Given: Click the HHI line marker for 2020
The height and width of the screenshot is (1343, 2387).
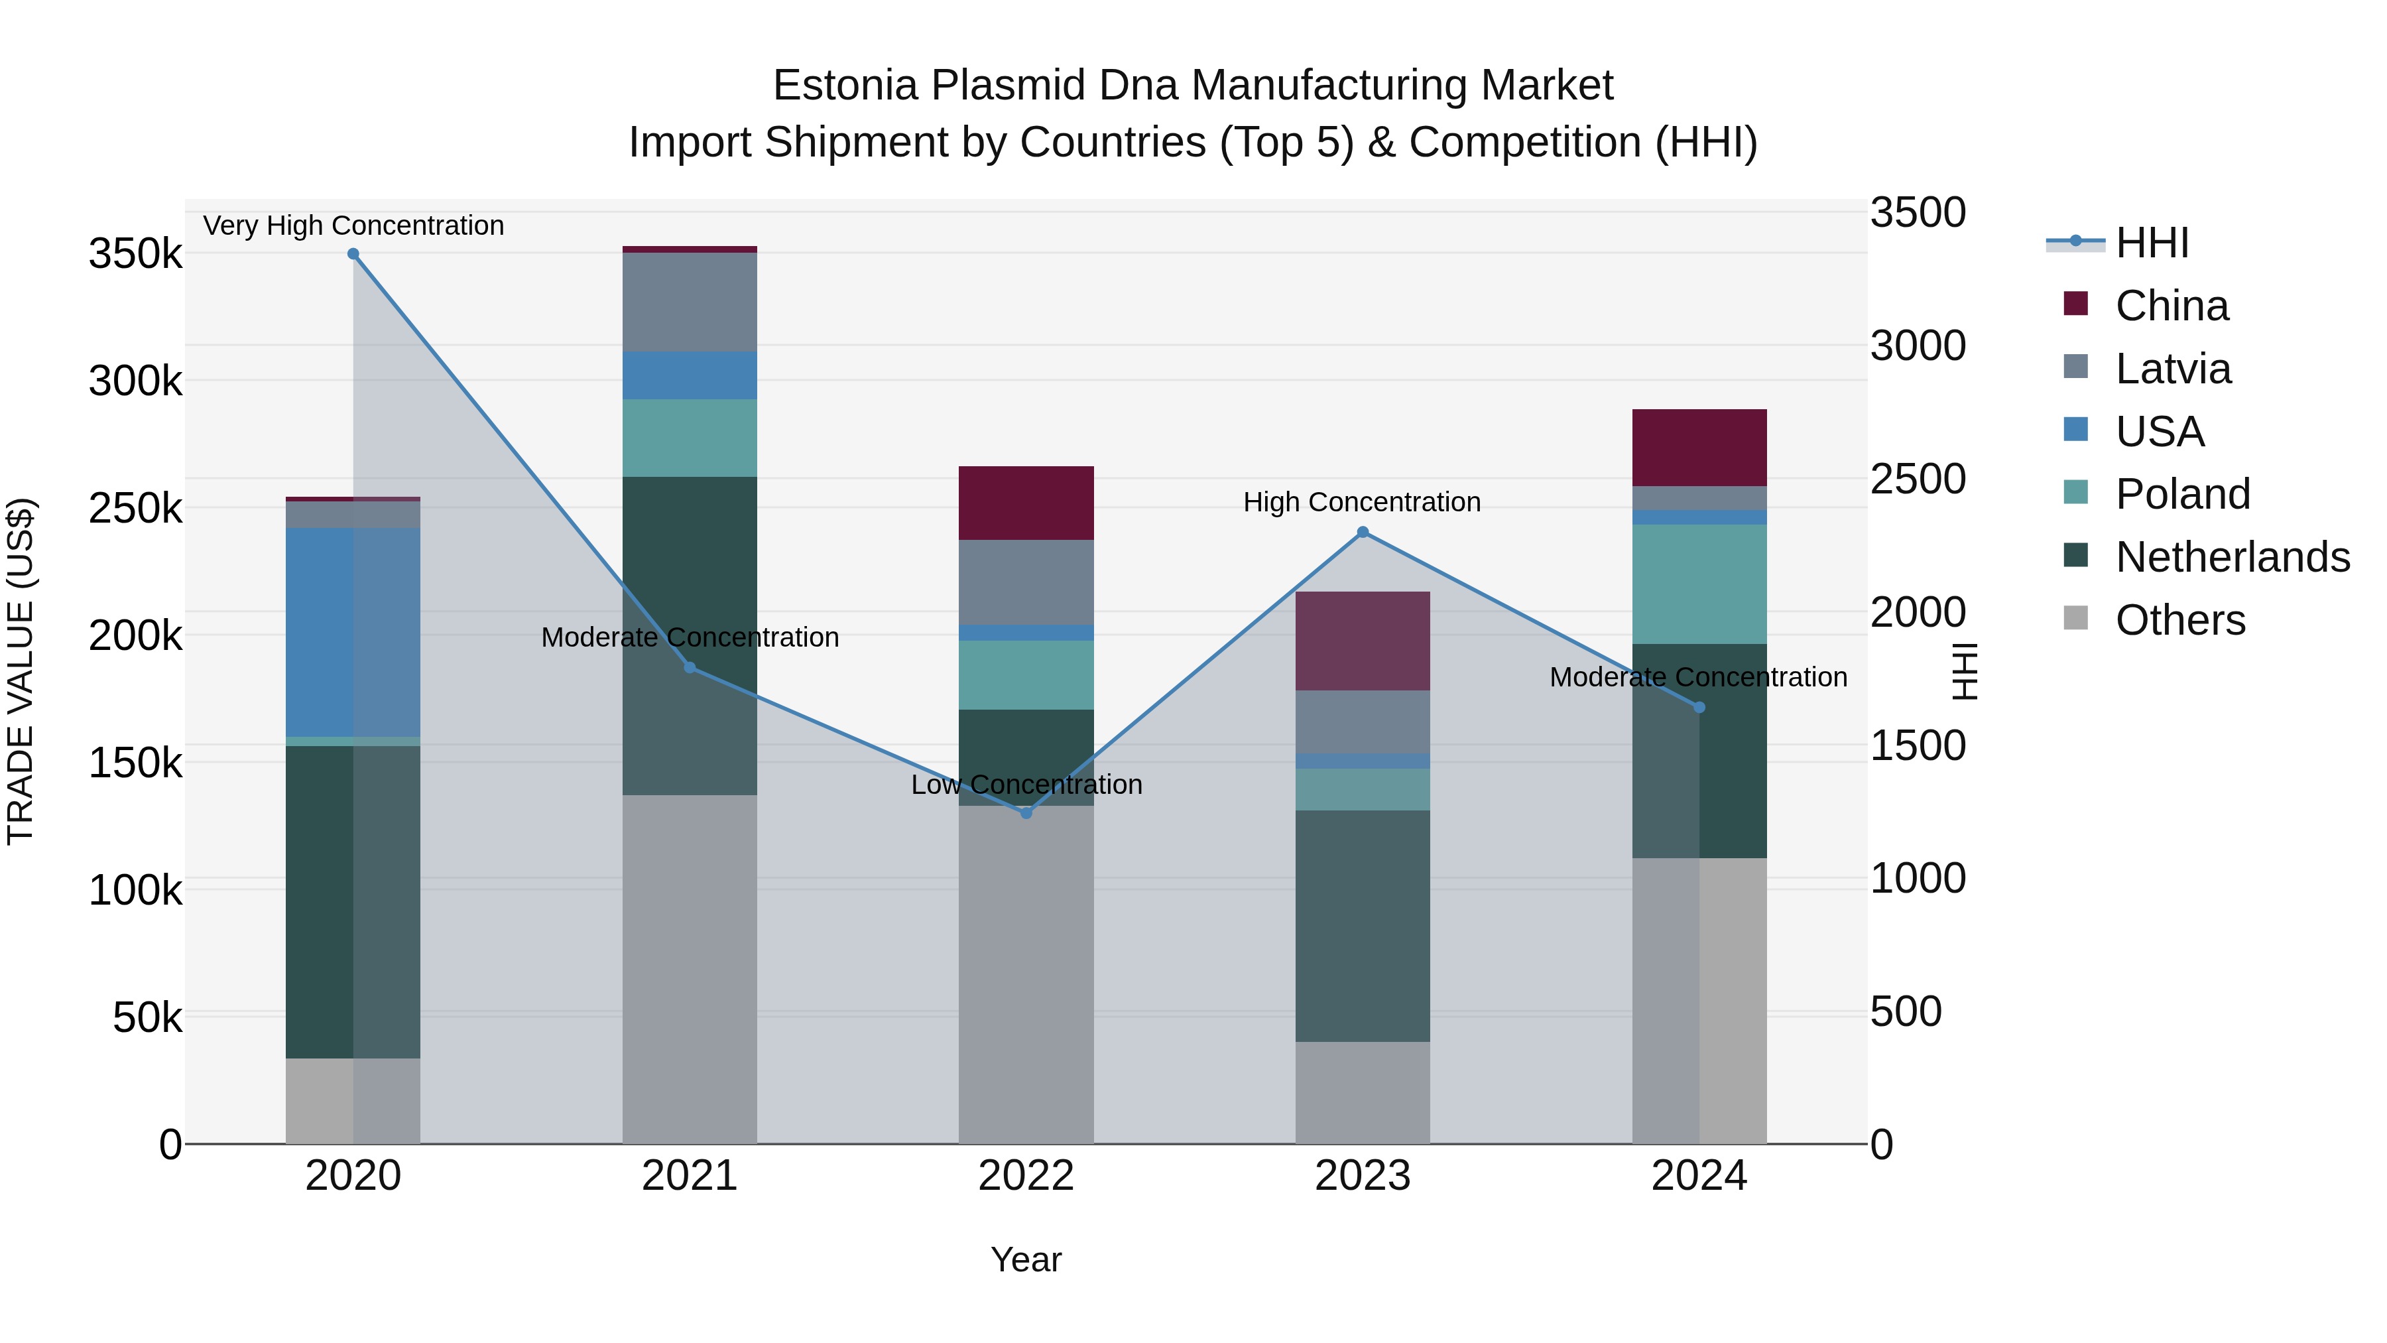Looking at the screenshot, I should (353, 254).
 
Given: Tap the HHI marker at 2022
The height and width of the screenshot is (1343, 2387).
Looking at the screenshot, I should (1026, 813).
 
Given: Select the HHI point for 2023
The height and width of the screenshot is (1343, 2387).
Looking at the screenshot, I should (1362, 532).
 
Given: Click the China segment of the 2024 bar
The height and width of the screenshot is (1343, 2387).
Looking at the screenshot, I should (1699, 447).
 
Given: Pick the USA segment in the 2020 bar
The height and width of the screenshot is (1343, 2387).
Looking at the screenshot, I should (353, 632).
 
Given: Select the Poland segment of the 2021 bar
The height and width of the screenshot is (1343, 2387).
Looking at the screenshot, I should (690, 438).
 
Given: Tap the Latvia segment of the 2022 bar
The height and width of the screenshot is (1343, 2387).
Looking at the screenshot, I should (1026, 582).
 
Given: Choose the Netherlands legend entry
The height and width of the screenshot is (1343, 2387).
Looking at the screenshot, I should (2233, 557).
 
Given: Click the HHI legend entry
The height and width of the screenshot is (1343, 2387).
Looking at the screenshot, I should (2152, 243).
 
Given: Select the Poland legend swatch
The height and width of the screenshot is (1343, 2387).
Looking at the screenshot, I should (2075, 493).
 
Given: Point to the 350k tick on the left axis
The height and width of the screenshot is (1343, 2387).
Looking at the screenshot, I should (135, 253).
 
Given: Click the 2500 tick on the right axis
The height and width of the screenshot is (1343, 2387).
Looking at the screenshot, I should (1917, 480).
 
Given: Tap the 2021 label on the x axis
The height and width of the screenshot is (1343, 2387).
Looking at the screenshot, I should (690, 1176).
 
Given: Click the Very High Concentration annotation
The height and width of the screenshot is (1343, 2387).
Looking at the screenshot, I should (353, 225).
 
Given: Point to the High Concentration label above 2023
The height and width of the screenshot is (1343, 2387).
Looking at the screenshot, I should (1362, 502).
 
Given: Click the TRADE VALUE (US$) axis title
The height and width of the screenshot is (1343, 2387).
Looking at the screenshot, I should (21, 671).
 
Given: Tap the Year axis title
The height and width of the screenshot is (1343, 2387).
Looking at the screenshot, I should (1026, 1259).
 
